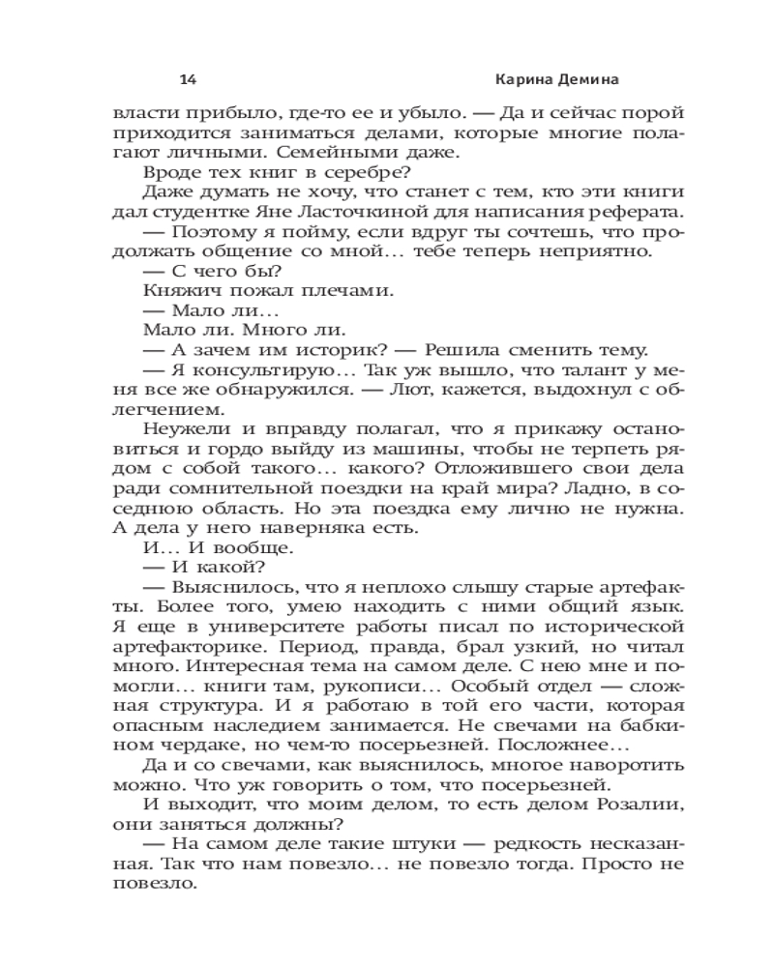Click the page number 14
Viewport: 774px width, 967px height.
click(189, 78)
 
